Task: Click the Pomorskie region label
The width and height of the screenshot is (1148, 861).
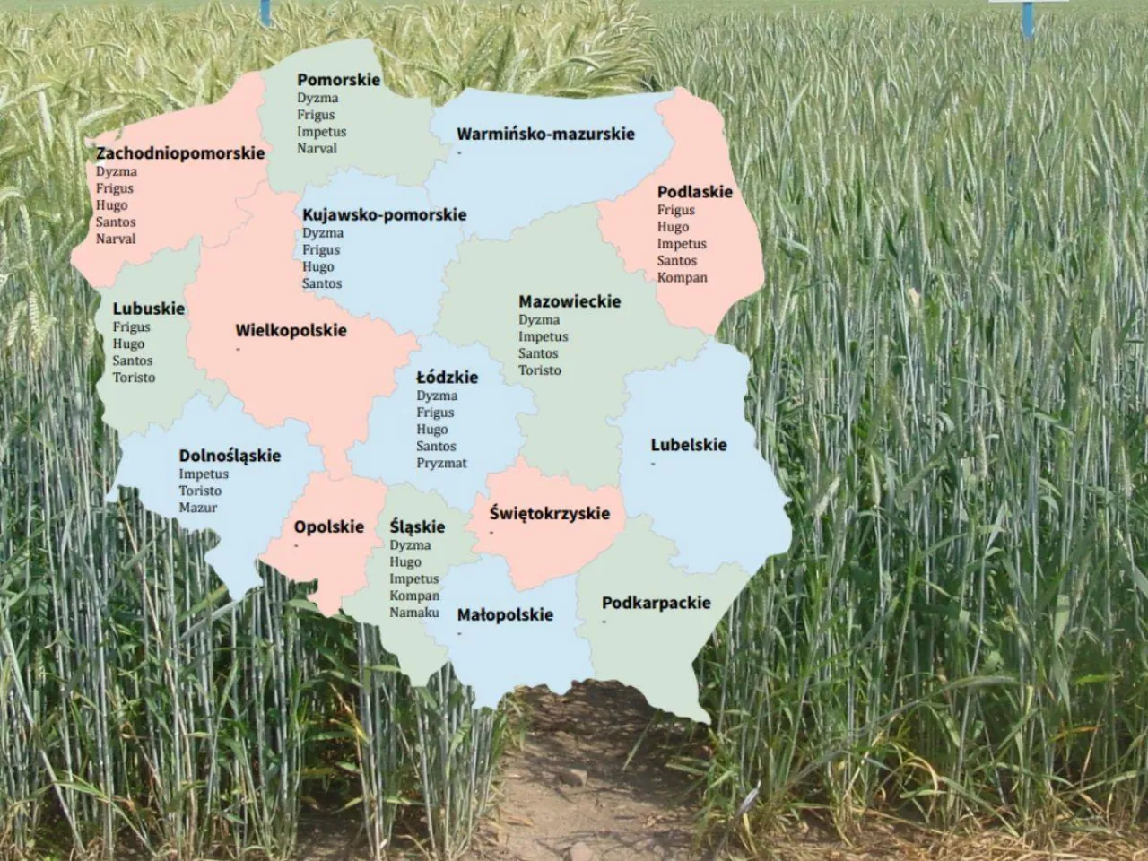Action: coord(338,80)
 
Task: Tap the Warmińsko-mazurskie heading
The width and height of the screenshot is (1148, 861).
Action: coord(545,135)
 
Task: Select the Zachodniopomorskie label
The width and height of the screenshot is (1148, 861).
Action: coord(180,153)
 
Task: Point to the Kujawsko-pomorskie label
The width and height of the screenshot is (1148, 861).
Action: coord(384,215)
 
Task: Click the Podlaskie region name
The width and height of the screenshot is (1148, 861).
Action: coord(694,192)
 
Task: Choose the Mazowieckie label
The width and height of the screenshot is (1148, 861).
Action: coord(569,301)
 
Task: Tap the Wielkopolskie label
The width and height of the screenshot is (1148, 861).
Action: coord(291,330)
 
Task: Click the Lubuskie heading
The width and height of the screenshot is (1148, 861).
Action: coord(148,309)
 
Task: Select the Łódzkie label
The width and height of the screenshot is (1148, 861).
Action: coord(447,378)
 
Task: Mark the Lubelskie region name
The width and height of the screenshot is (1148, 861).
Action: coord(689,445)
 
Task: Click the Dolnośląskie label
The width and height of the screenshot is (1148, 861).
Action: coord(230,456)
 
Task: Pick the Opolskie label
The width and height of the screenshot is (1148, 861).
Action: coord(328,527)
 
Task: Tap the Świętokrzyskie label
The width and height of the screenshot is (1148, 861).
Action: coord(549,514)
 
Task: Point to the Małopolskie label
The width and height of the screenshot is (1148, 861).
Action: coord(505,615)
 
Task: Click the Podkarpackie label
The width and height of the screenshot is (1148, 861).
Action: coord(656,603)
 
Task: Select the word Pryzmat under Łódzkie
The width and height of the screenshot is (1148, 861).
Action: coord(441,464)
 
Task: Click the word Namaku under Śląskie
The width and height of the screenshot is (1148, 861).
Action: coord(414,613)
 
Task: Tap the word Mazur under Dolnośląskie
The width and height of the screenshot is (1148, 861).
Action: coord(197,508)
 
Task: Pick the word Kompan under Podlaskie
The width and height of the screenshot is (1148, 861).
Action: coord(682,278)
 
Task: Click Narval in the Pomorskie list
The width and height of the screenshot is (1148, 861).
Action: coord(317,149)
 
